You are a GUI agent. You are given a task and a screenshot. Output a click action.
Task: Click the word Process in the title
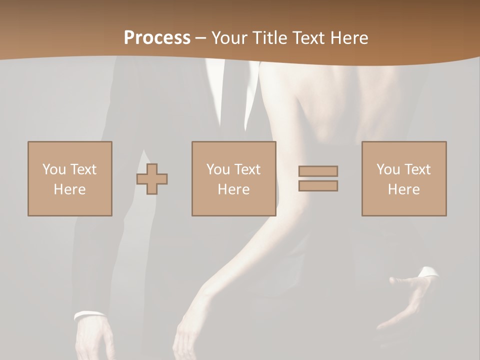point(157,38)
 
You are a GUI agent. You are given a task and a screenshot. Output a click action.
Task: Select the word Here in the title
point(348,38)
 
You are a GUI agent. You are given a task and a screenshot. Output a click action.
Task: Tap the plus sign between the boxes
point(152,178)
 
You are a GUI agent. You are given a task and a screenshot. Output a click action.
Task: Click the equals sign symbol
point(318,178)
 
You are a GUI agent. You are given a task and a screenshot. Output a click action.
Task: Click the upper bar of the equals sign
point(318,171)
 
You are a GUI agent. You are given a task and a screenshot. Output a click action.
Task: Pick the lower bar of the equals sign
point(318,186)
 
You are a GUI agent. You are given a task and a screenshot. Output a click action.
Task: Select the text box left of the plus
point(70,178)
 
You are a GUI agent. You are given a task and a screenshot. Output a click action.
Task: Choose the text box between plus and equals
point(233,178)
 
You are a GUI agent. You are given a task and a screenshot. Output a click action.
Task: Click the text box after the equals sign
point(404,178)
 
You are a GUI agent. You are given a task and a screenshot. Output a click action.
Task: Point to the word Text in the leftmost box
point(83,169)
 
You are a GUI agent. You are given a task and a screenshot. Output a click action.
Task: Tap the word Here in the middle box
point(233,189)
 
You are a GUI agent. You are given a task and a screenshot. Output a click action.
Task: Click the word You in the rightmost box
point(388,169)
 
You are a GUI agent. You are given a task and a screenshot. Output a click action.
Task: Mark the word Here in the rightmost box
point(404,189)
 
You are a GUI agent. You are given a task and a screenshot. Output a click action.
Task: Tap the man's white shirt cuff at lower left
point(89,315)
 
